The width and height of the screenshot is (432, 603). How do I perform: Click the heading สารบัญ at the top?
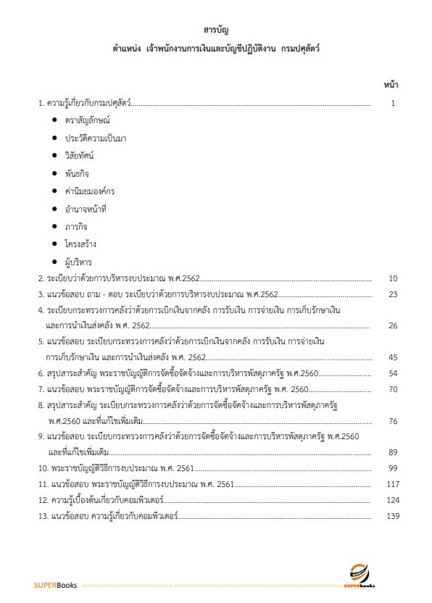(216, 30)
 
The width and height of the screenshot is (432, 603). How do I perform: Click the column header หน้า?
(390, 86)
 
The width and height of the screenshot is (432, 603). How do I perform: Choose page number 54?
(392, 373)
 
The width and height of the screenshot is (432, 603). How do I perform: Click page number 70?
(392, 389)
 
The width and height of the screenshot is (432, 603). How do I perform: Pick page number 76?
(392, 420)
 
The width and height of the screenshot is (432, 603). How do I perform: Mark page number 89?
(392, 452)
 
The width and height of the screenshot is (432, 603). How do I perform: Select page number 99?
(392, 468)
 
